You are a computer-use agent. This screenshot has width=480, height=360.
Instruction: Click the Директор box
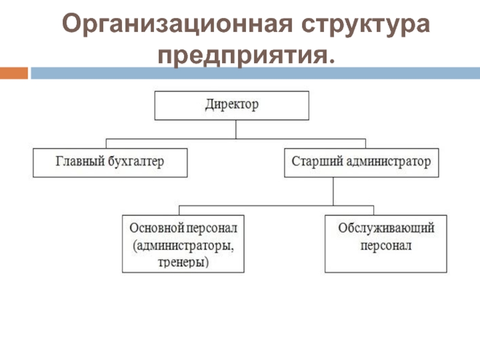pyautogui.click(x=232, y=106)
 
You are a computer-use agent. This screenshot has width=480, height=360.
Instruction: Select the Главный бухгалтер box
pyautogui.click(x=110, y=162)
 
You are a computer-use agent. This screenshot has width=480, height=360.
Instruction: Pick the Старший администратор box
pyautogui.click(x=361, y=162)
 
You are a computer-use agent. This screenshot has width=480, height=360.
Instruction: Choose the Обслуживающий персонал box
pyautogui.click(x=386, y=245)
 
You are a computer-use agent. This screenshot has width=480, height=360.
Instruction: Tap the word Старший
pyautogui.click(x=313, y=162)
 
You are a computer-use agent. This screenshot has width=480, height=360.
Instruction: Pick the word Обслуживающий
pyautogui.click(x=386, y=229)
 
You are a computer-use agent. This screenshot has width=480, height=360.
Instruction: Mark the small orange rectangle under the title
pyautogui.click(x=13, y=73)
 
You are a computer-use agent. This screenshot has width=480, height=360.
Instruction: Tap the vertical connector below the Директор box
pyautogui.click(x=235, y=130)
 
